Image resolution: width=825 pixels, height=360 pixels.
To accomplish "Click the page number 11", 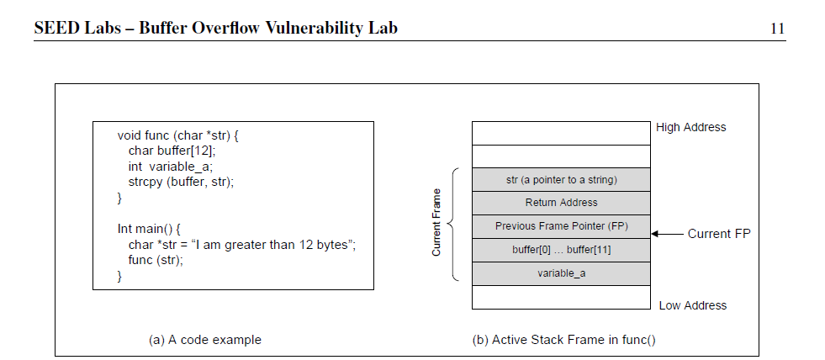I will coord(777,29).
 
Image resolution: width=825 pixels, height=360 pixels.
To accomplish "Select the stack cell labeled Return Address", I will coord(561,203).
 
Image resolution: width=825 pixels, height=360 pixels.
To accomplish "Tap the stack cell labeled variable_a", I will coord(561,273).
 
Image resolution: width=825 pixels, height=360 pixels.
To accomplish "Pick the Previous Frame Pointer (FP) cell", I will coord(561,226).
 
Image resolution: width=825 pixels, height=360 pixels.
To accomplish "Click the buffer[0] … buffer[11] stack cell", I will coord(561,250).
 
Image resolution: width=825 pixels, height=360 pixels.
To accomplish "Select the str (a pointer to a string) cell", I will coord(561,179).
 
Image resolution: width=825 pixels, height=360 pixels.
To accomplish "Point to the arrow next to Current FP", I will coord(668,234).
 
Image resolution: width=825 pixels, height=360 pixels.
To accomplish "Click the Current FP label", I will coord(719,234).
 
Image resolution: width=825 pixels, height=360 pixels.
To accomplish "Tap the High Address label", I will coord(690,128).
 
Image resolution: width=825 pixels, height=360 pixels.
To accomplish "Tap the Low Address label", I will coord(692,305).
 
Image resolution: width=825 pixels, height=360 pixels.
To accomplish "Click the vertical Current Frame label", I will coord(436,224).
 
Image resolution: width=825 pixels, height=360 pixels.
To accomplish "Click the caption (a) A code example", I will coord(204,340).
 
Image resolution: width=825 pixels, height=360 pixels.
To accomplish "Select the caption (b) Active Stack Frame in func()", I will coord(563,340).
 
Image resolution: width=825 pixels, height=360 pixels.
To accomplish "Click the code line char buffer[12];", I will coord(172,151).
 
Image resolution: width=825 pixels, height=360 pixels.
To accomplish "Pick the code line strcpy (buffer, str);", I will coord(181,182).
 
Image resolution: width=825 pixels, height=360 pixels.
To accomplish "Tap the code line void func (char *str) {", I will coord(179,135).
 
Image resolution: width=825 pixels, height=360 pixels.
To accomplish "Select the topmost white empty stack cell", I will coord(561,133).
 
